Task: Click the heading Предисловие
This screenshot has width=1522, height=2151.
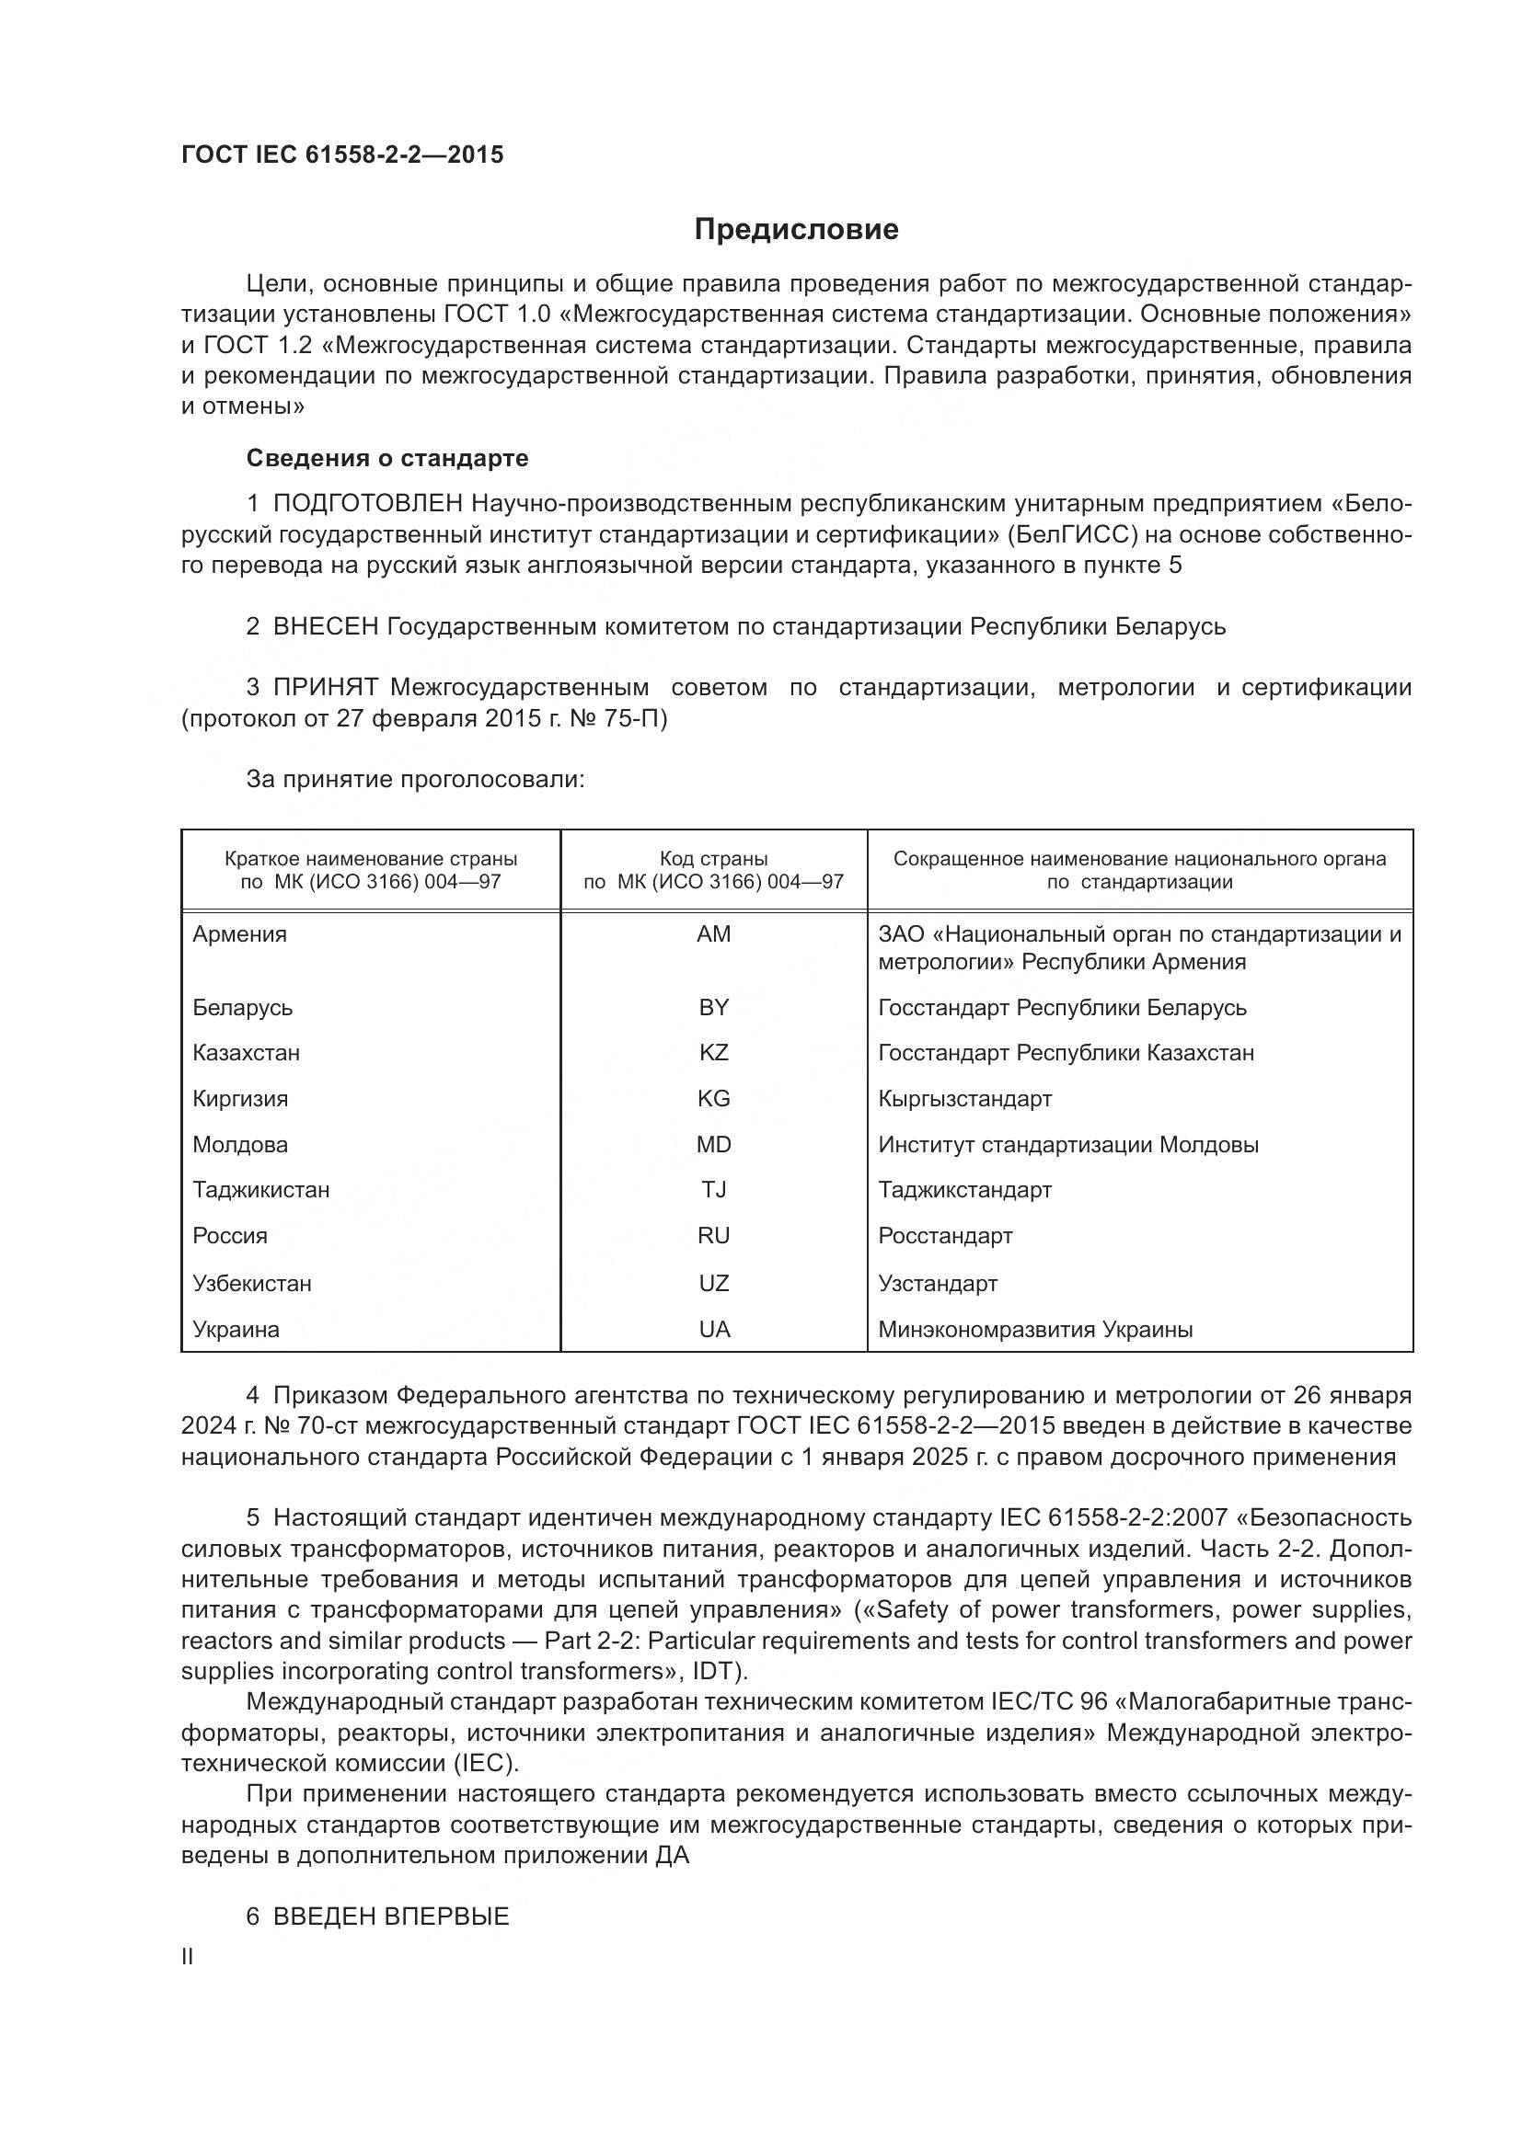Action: coord(796,230)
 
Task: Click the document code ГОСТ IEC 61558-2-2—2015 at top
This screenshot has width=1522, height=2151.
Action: coord(342,154)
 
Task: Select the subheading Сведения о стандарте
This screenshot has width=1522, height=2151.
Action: coord(387,458)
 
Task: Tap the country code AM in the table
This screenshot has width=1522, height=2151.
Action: coord(713,934)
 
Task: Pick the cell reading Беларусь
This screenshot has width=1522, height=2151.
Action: coord(243,1007)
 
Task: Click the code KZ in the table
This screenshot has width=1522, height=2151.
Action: coord(713,1052)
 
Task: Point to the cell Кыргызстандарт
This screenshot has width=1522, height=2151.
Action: coord(964,1098)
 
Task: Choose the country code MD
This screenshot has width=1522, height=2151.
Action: coord(713,1144)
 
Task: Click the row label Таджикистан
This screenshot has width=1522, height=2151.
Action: coord(260,1190)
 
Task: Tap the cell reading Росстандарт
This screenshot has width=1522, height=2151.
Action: coord(945,1236)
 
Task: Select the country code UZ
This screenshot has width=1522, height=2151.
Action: coord(713,1283)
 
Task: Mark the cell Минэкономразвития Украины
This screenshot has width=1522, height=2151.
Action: coord(1034,1330)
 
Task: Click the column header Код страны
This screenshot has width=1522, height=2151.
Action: coord(713,859)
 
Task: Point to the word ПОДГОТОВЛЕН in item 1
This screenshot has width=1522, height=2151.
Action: coord(368,504)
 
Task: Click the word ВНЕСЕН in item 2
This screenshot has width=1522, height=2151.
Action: coord(325,627)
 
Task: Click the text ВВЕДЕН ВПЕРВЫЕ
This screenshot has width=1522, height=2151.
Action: coord(391,1916)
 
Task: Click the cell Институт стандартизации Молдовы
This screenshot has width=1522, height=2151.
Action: coord(1067,1144)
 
